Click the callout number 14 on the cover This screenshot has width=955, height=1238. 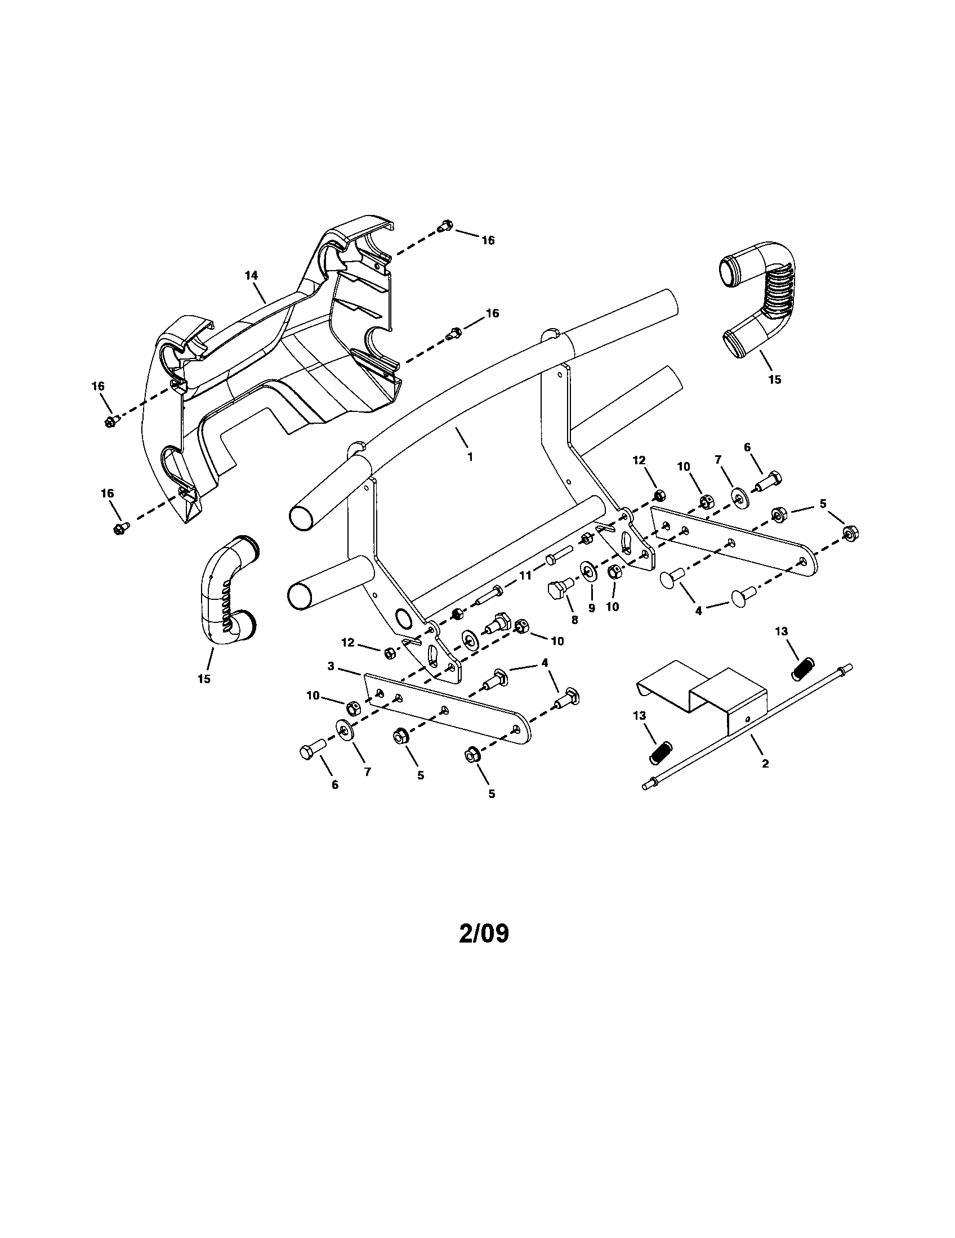pyautogui.click(x=251, y=275)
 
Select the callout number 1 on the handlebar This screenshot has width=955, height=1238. pyautogui.click(x=470, y=456)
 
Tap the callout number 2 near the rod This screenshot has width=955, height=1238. pyautogui.click(x=765, y=764)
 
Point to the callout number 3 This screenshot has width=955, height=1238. pyautogui.click(x=331, y=666)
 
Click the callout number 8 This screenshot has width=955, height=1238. pyautogui.click(x=574, y=621)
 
